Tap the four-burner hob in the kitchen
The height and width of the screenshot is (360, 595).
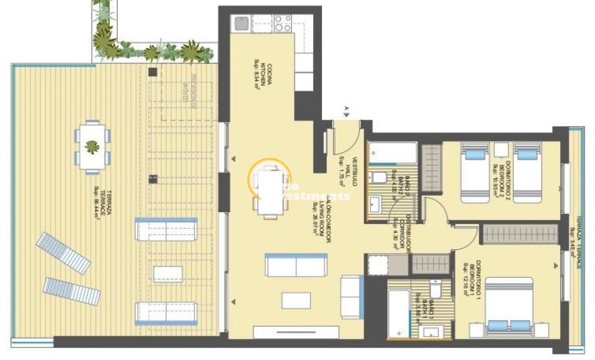point(283,23)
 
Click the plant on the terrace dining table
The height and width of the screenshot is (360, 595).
point(92,147)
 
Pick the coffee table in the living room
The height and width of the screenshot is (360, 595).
point(296,300)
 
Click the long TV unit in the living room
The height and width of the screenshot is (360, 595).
point(296,332)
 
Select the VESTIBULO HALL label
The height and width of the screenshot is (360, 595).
point(348,171)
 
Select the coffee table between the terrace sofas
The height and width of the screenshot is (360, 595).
point(168,274)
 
